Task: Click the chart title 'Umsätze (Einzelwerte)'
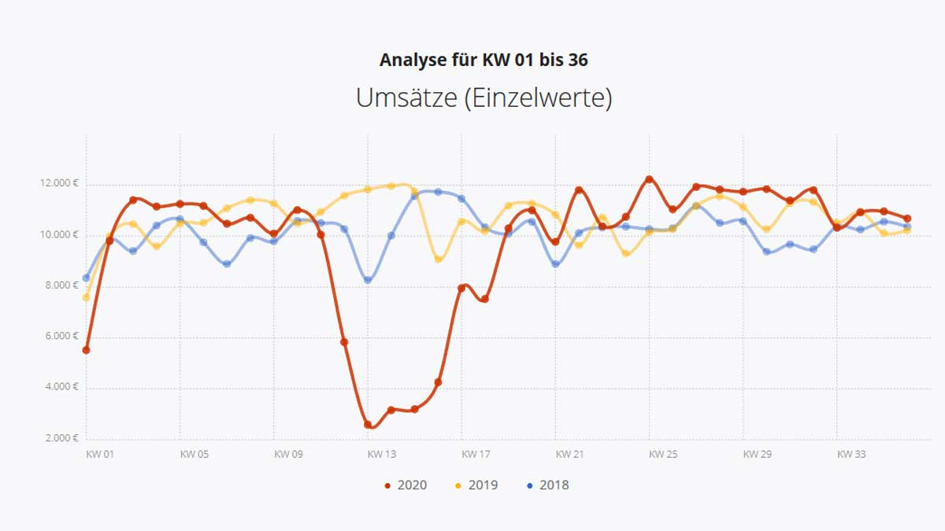tap(484, 98)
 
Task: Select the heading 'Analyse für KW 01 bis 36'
tap(484, 60)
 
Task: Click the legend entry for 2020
tap(406, 485)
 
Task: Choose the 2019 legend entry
tap(477, 485)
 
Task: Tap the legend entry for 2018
tap(548, 485)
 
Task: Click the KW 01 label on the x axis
tap(99, 454)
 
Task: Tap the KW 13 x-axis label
tap(381, 454)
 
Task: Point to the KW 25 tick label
tap(663, 454)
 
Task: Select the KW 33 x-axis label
tap(850, 454)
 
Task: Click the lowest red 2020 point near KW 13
tap(368, 425)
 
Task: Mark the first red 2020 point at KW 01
tap(86, 350)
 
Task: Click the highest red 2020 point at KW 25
tap(650, 179)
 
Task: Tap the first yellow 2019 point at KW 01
tap(86, 297)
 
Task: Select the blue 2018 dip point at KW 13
tap(368, 280)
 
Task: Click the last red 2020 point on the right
tap(907, 219)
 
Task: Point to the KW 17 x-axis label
tap(476, 454)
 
